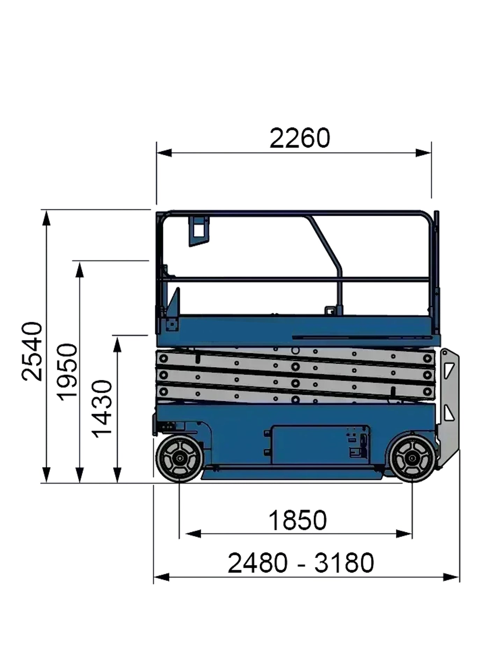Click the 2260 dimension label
coord(300,138)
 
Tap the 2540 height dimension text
coord(32,351)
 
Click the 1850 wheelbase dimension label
coord(298,520)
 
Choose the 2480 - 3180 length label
coord(301,563)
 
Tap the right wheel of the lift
coord(413,459)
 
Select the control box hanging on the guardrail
coord(198,231)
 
